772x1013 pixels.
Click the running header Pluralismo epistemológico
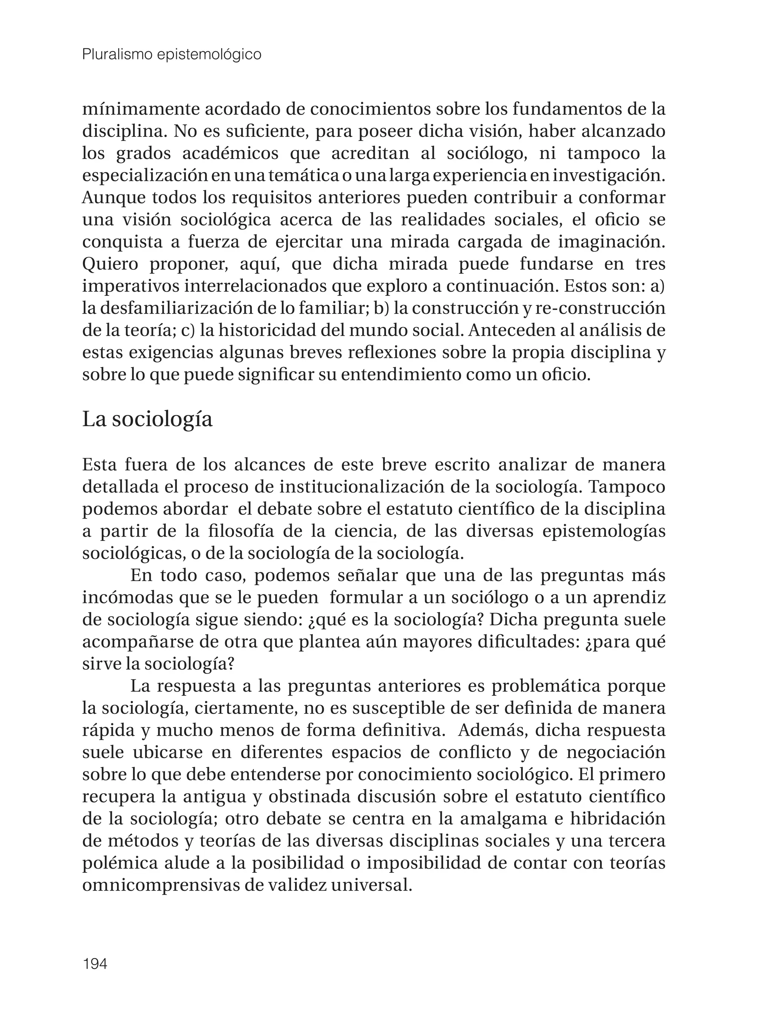point(172,55)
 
